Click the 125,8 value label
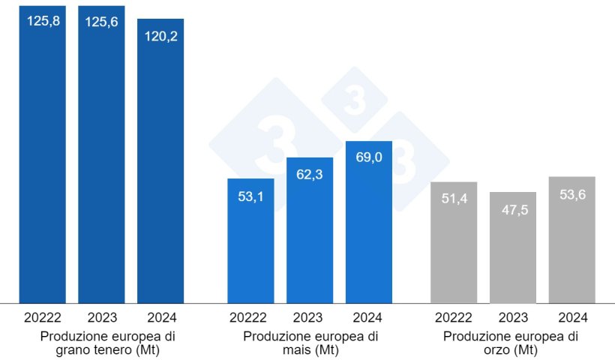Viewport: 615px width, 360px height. (x=43, y=21)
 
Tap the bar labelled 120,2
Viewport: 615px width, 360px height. (x=160, y=165)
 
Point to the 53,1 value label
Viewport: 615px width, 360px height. (x=250, y=198)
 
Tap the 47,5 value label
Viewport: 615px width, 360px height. (x=513, y=210)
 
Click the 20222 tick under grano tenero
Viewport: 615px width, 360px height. (x=43, y=317)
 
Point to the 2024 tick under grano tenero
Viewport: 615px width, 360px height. (x=160, y=317)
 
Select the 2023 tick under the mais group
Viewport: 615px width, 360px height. (x=310, y=317)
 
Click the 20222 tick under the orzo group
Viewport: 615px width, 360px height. (x=454, y=317)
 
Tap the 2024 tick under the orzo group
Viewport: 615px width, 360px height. (x=572, y=317)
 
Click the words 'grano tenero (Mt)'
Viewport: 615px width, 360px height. (x=101, y=350)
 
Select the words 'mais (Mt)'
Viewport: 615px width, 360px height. (x=310, y=350)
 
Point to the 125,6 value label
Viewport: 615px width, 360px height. (x=101, y=21)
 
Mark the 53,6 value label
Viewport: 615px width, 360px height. (x=572, y=194)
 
